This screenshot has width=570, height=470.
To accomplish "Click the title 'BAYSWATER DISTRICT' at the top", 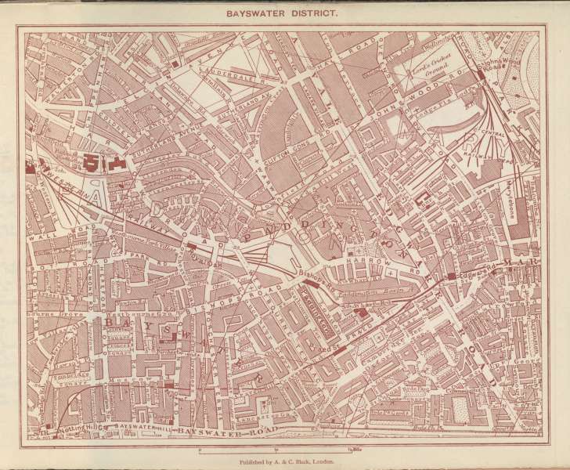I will [285, 13].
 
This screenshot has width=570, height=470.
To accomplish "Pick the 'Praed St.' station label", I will [320, 344].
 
